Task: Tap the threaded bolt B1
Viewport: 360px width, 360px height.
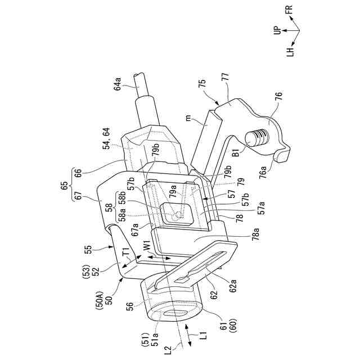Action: point(258,139)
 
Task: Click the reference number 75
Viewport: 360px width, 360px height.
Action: point(202,84)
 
